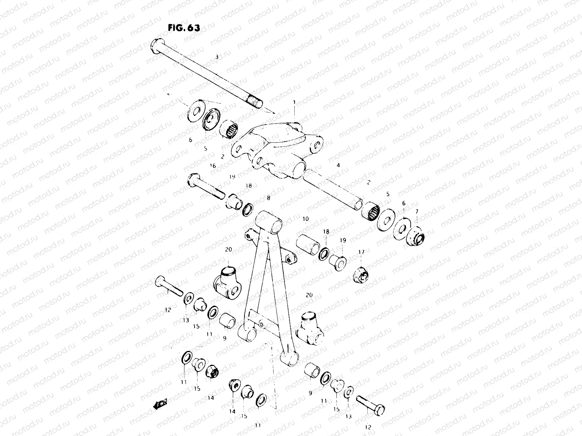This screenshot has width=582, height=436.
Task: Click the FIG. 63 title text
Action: point(184,29)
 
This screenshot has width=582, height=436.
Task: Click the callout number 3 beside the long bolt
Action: point(217,57)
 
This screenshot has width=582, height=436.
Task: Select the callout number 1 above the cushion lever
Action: point(294,102)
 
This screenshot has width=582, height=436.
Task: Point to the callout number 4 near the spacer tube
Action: point(338,165)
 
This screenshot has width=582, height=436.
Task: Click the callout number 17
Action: point(361,251)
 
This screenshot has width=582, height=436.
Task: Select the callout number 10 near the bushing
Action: point(305,219)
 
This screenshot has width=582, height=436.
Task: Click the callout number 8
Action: point(268,198)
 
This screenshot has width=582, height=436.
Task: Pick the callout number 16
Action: point(213,166)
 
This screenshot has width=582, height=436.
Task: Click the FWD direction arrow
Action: point(160,403)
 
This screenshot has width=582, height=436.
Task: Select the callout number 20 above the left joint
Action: point(228,250)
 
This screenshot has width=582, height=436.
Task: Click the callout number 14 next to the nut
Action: point(211,398)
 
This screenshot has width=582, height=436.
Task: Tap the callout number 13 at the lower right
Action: point(349,417)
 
